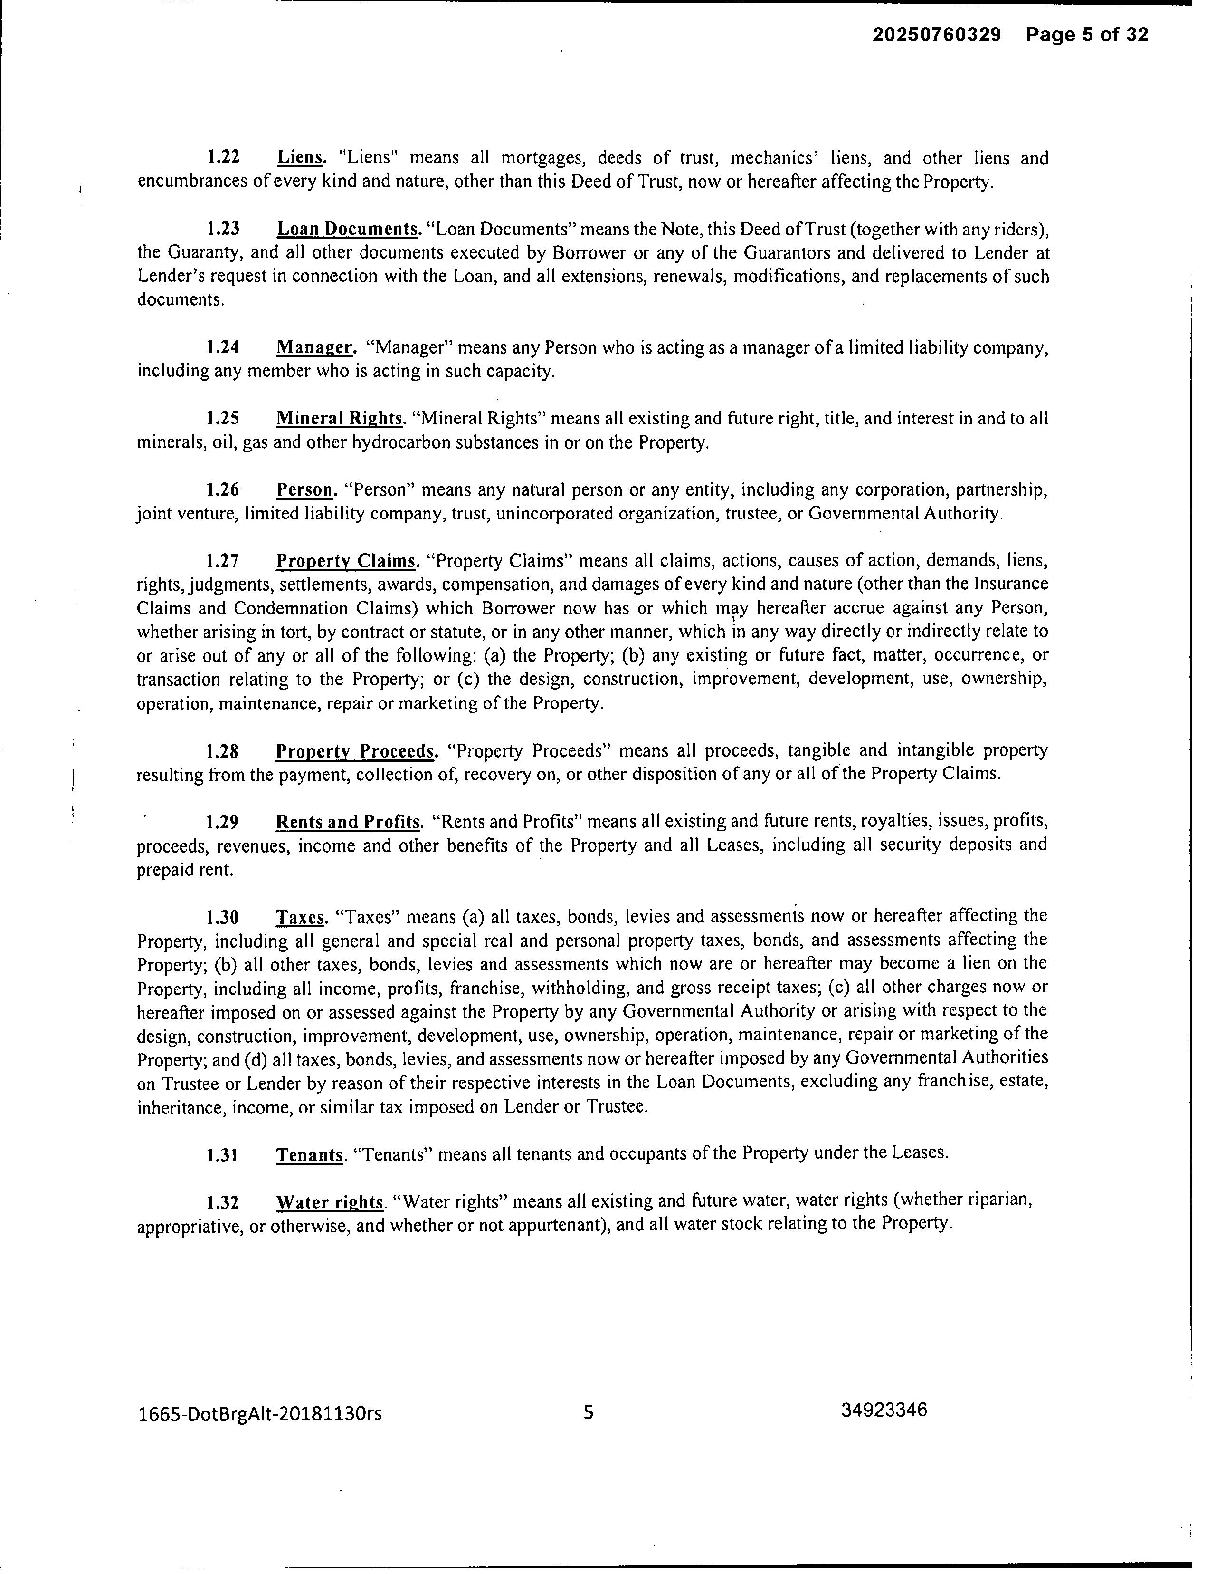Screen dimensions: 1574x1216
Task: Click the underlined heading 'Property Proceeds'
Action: pos(356,751)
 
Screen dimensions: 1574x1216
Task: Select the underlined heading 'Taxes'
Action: pos(301,917)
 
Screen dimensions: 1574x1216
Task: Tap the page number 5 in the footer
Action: pos(589,1412)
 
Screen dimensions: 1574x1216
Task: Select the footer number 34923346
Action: pos(884,1410)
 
